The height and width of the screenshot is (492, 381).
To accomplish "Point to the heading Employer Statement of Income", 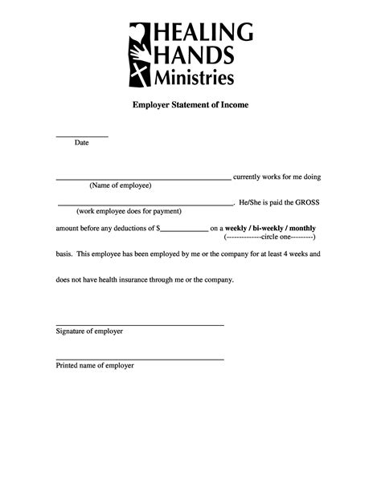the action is (190, 105).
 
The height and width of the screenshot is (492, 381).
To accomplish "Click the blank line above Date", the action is (81, 136).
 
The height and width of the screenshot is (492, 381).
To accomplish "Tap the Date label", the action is (81, 143).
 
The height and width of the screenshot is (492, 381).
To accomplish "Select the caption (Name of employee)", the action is (120, 185).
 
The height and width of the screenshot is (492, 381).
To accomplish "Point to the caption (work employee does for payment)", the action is (129, 212).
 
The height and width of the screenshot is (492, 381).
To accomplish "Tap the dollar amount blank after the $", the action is (184, 230).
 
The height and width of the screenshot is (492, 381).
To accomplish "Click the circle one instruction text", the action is (270, 238).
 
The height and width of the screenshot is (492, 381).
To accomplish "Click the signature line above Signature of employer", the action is (139, 324).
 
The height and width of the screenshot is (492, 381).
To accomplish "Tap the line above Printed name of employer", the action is (139, 359).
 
